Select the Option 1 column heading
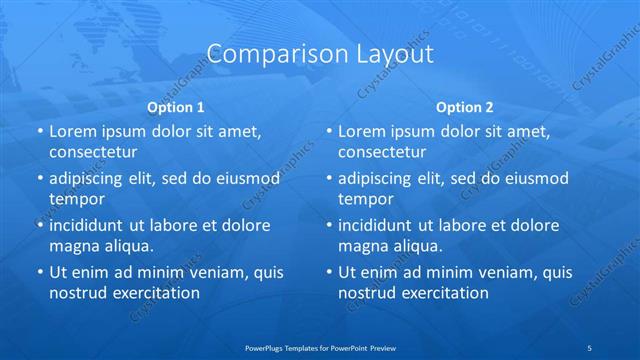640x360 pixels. [x=175, y=106]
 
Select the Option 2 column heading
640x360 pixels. [x=465, y=106]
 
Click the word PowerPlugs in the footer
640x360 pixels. [x=266, y=347]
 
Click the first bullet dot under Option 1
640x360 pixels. [x=40, y=131]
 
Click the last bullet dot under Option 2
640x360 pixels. [x=329, y=272]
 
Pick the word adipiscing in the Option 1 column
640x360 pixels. [x=90, y=178]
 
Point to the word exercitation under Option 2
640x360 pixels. [x=442, y=293]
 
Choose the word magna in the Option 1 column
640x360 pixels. [x=72, y=245]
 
